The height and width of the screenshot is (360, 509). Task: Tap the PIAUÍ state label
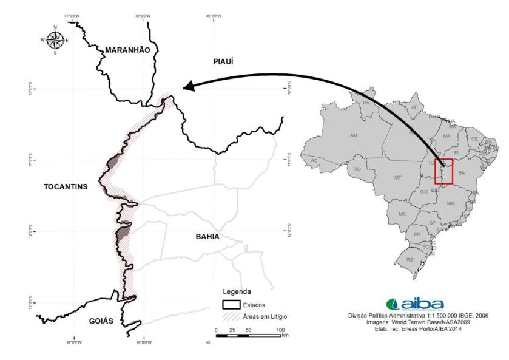(222, 61)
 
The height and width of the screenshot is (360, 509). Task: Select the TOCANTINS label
(66, 186)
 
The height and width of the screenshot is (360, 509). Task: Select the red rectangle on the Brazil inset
(444, 171)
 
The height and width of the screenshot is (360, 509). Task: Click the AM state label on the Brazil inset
(354, 135)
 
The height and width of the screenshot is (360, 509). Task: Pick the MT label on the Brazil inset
(398, 178)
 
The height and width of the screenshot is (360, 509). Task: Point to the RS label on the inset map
(410, 259)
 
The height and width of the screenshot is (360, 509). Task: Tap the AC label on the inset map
(314, 160)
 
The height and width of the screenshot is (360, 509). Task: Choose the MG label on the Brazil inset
(450, 203)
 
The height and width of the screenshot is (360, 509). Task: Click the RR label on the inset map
(366, 103)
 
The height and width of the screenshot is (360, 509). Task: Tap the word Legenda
(237, 292)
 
